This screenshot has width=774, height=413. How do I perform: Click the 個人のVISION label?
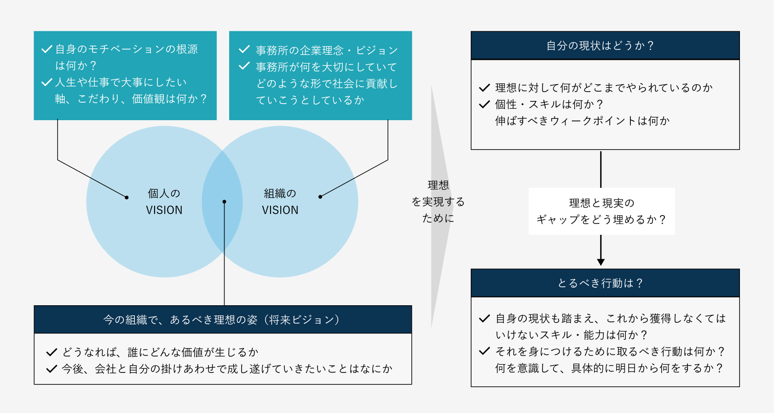[164, 202]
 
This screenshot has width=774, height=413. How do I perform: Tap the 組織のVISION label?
[280, 202]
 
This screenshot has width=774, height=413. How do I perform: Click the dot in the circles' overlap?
[224, 202]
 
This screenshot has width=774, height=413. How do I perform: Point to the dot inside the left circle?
[127, 197]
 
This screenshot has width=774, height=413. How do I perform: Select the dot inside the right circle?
[320, 197]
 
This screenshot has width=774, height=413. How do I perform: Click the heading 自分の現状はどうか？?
[600, 46]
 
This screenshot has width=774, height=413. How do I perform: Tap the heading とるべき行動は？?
[600, 283]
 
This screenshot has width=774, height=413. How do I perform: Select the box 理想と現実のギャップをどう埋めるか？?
[601, 211]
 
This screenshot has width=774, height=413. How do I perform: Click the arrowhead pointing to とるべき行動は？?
[601, 262]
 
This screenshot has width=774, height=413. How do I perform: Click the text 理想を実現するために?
[438, 202]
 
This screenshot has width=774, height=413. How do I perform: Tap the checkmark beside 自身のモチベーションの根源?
[46, 49]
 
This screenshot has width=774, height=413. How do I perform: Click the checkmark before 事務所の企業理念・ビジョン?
[244, 49]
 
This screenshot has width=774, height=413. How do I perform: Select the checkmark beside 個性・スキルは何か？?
[484, 105]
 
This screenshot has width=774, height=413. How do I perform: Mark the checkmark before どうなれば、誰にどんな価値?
[52, 353]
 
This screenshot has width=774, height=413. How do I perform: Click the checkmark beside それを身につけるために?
[484, 351]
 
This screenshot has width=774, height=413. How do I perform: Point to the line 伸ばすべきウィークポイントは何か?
[582, 121]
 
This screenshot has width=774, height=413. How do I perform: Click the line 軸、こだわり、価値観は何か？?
[132, 99]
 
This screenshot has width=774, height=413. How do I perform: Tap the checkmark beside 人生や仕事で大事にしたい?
[46, 82]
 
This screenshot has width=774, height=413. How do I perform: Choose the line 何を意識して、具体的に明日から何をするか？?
[609, 368]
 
